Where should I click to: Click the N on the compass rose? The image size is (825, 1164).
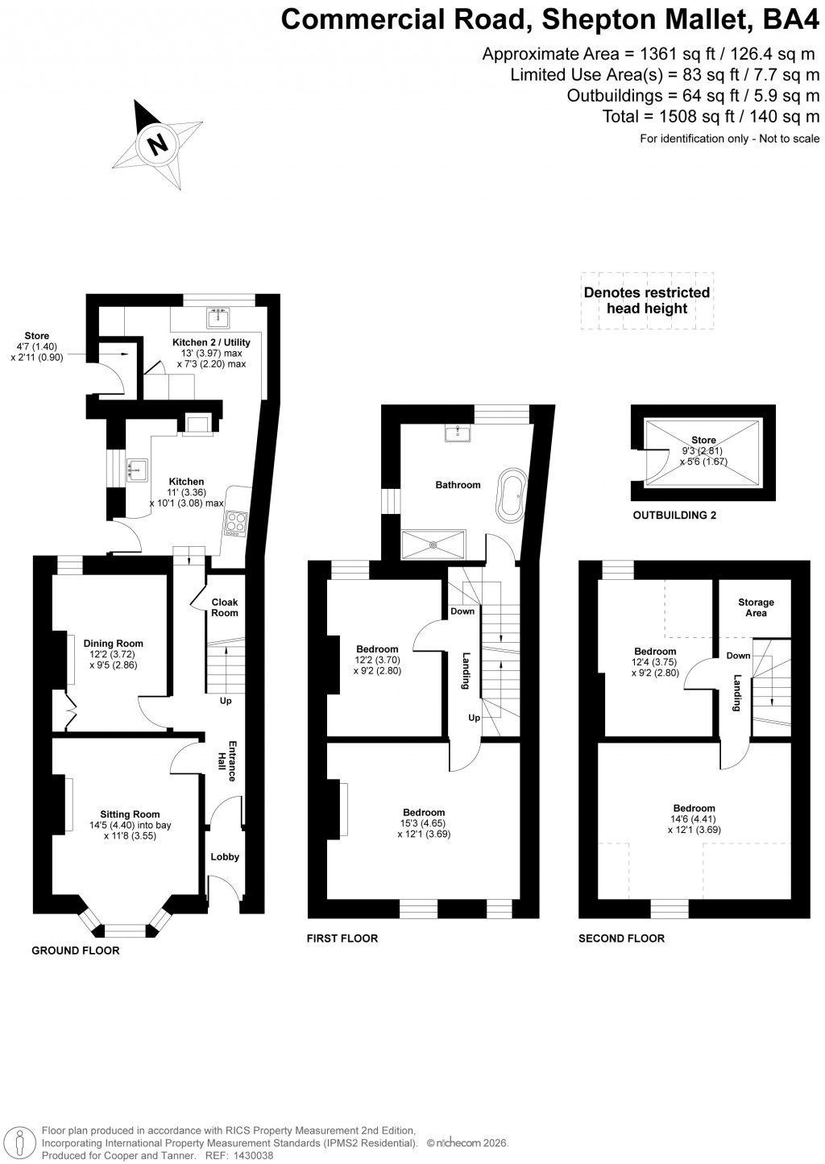click(x=158, y=145)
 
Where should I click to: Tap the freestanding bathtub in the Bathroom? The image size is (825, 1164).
click(x=512, y=494)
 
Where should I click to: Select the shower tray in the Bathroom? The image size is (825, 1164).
click(x=433, y=544)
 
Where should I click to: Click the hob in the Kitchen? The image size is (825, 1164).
click(x=235, y=524)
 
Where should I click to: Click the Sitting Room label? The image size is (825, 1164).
click(x=130, y=814)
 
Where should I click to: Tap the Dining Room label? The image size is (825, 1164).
click(x=114, y=644)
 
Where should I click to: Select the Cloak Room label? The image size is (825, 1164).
click(x=225, y=607)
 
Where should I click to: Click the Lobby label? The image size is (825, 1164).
click(x=225, y=857)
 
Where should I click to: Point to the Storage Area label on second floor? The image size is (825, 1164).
click(x=756, y=607)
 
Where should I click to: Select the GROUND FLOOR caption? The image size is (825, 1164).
click(x=76, y=951)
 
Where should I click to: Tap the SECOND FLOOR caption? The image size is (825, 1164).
click(x=621, y=938)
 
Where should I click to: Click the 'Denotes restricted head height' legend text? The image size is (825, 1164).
click(x=647, y=300)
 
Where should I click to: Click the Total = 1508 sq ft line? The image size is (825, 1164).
click(x=711, y=117)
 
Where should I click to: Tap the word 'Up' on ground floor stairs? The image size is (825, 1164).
click(x=226, y=701)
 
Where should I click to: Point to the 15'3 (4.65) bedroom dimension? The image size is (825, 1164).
click(x=424, y=823)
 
